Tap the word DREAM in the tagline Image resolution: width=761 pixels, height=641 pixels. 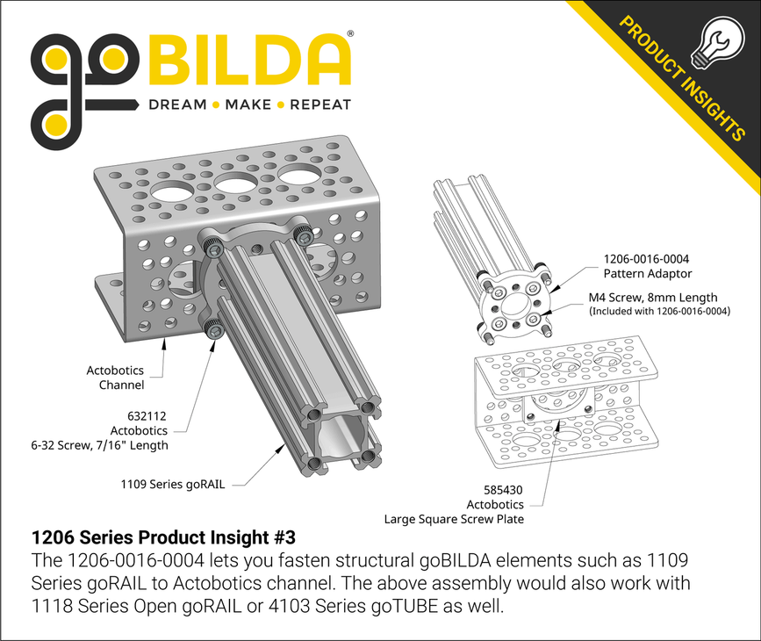[x=177, y=104]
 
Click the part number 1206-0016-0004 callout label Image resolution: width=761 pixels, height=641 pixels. [x=645, y=259]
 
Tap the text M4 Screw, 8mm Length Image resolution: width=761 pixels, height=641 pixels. [x=652, y=297]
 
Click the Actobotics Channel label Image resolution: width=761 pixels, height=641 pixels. [x=115, y=378]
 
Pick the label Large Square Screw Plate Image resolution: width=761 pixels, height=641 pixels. [x=455, y=519]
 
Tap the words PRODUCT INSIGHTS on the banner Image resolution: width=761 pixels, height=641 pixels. [x=681, y=79]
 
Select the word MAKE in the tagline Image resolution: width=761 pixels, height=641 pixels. [x=248, y=104]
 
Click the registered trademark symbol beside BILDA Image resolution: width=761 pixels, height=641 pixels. [x=351, y=33]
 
